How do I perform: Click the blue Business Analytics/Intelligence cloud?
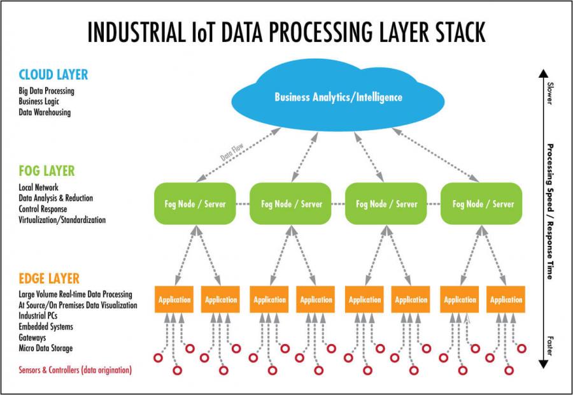click(338, 97)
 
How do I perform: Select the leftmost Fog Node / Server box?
click(195, 204)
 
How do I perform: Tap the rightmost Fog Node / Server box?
click(481, 204)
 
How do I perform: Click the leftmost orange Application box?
click(174, 299)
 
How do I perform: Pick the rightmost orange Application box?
click(506, 299)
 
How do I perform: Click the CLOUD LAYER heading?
click(53, 75)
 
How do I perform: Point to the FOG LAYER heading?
click(46, 171)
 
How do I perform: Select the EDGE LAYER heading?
click(49, 278)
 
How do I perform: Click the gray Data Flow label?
click(232, 152)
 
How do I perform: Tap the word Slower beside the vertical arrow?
click(549, 93)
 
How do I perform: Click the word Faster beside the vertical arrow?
click(549, 345)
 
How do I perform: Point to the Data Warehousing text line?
click(45, 112)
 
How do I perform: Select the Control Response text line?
click(43, 209)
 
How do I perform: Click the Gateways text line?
click(32, 338)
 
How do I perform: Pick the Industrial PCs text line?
click(38, 315)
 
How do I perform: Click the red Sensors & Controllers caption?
click(75, 370)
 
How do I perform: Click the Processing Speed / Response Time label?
click(550, 212)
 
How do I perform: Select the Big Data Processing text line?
click(46, 91)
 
